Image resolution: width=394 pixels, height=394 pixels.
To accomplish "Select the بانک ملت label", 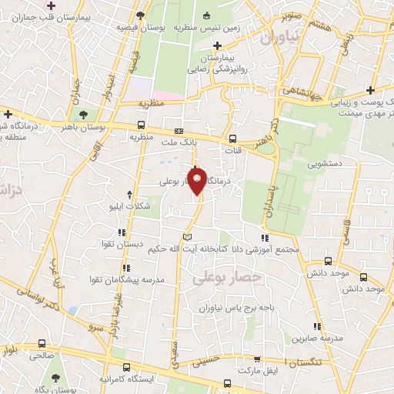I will [x=180, y=142].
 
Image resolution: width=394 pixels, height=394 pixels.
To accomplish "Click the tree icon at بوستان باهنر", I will [x=95, y=115].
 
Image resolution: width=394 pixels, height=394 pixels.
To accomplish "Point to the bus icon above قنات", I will [x=233, y=139].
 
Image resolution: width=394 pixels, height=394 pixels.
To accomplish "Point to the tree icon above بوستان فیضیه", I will [x=139, y=15].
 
